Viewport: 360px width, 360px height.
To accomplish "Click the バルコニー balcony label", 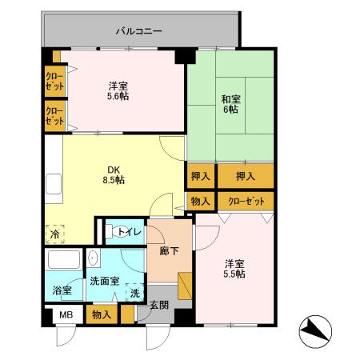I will [139, 31].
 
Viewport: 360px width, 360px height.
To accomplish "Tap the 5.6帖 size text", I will [119, 97].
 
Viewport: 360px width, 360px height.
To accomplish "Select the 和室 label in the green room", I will [230, 98].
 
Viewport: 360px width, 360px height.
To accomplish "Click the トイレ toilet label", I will [130, 232].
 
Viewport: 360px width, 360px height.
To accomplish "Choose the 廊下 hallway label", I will [158, 250].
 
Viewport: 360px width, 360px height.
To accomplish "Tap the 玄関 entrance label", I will [158, 304].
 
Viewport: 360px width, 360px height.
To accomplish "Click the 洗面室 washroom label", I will [104, 281].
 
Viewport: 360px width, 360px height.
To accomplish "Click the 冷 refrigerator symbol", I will [54, 234].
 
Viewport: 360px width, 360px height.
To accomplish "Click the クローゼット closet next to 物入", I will [245, 201].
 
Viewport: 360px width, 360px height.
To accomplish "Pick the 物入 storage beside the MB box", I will [102, 314].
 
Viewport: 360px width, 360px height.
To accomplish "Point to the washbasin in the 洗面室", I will [93, 258].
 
